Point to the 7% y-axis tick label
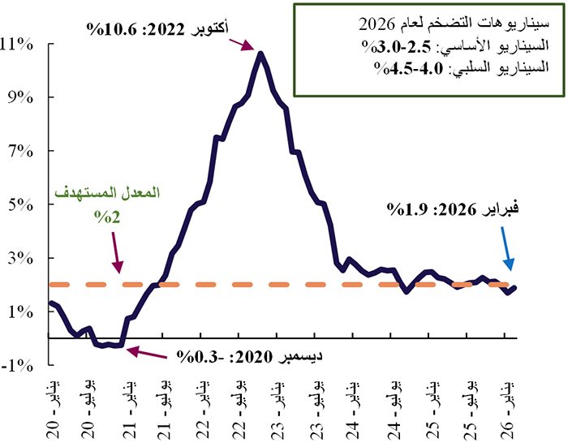(23, 151)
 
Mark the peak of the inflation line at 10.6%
(260, 54)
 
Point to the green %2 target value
(106, 217)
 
